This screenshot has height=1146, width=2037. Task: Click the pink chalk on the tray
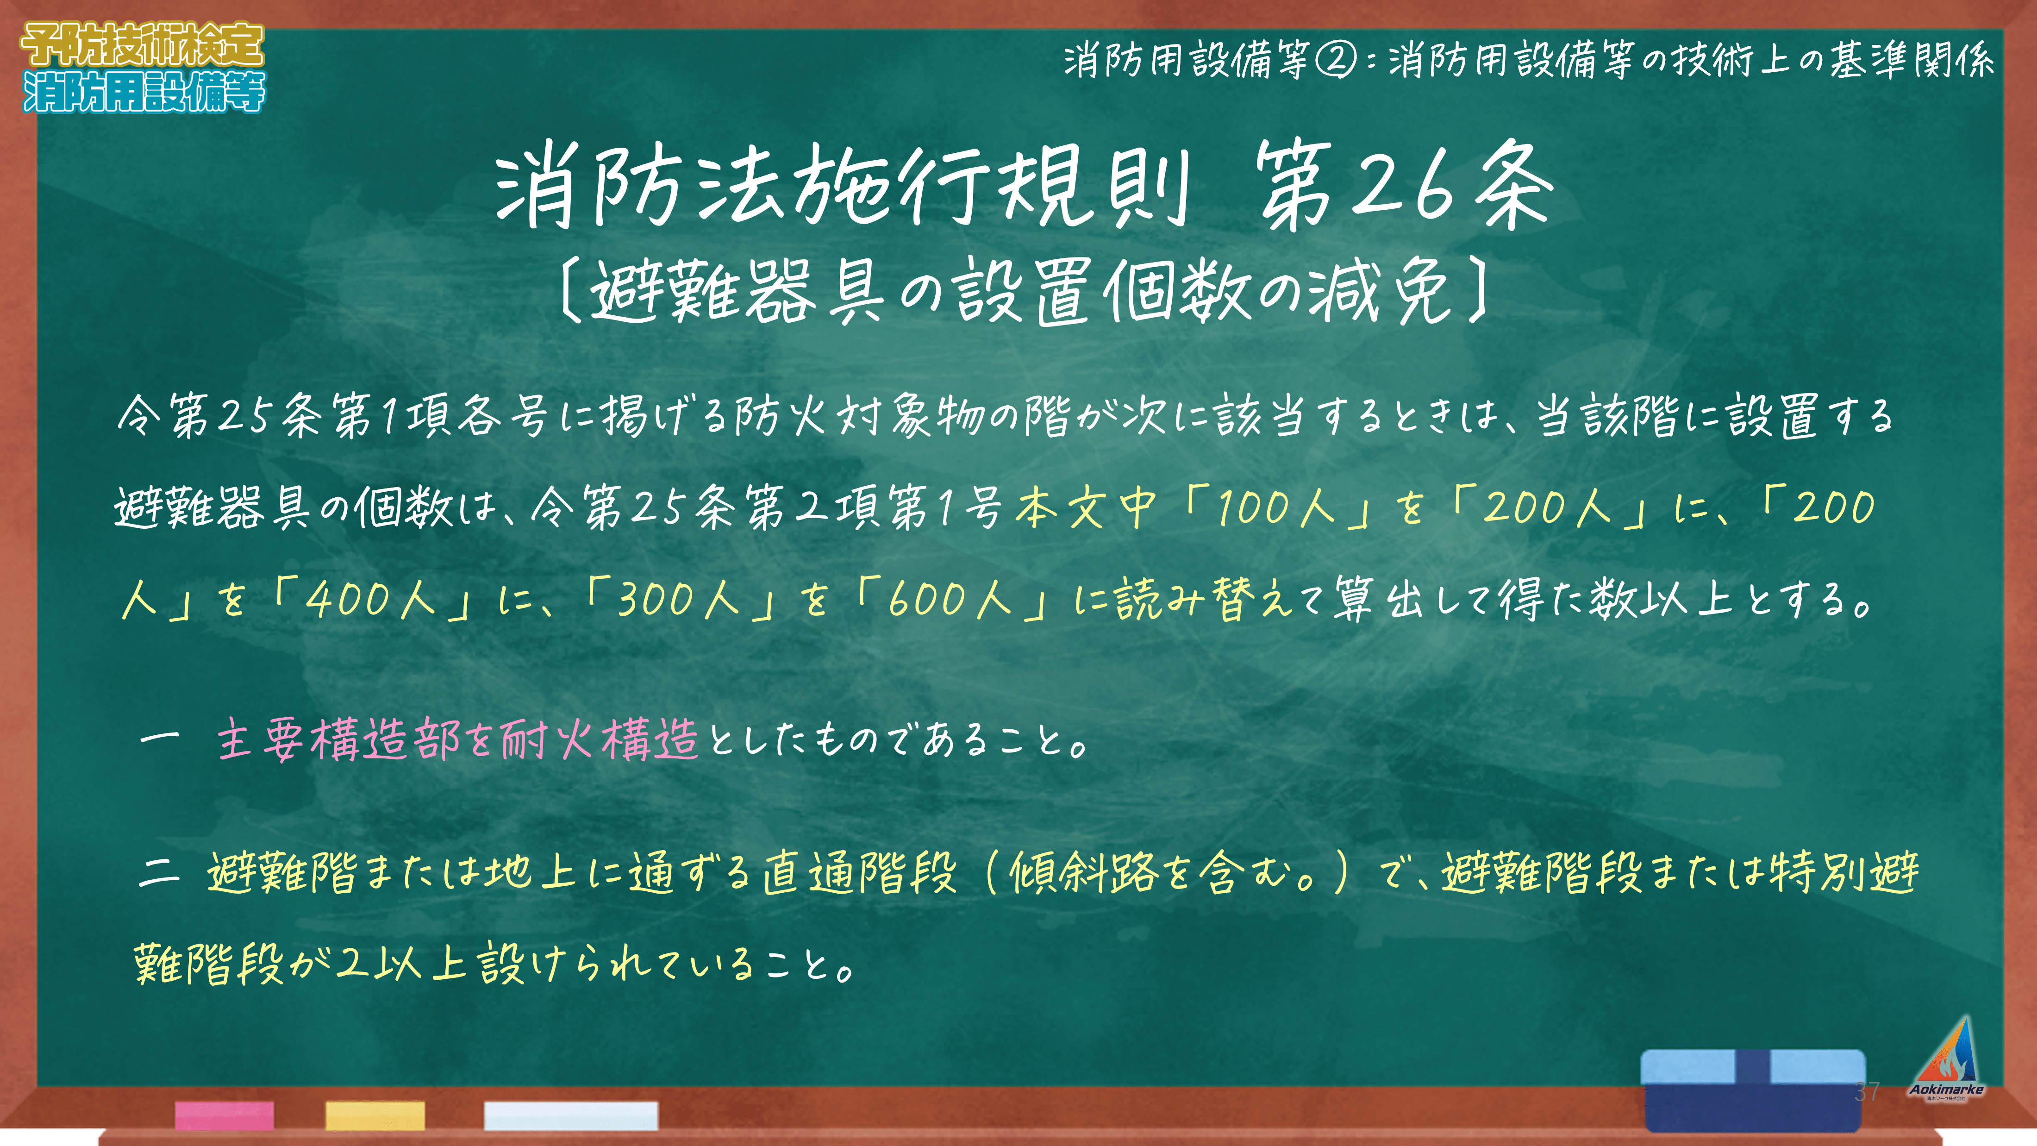[x=225, y=1115]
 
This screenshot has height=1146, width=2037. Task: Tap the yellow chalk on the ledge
[x=375, y=1115]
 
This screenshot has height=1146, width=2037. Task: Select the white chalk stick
[x=571, y=1115]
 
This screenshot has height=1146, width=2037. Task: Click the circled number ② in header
[x=1336, y=59]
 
